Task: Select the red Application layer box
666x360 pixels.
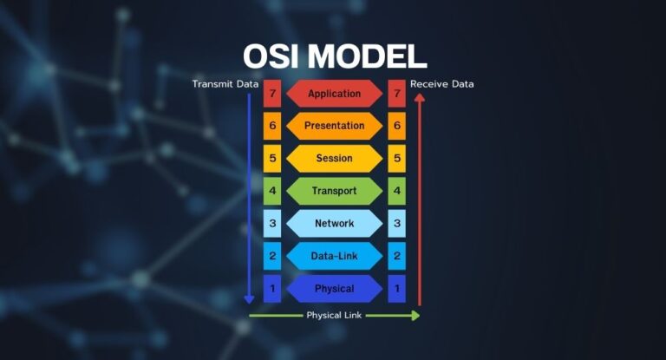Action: click(x=334, y=94)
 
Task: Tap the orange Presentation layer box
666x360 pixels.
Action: click(x=334, y=126)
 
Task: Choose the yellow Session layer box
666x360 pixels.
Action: click(x=334, y=159)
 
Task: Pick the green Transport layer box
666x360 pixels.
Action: click(x=334, y=191)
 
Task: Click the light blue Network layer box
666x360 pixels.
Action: click(x=334, y=223)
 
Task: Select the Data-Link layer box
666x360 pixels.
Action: click(x=334, y=256)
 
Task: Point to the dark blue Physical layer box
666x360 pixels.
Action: click(x=334, y=288)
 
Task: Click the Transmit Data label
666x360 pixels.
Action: click(x=225, y=84)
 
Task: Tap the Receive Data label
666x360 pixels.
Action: click(x=442, y=84)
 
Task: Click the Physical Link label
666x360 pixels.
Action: click(x=334, y=315)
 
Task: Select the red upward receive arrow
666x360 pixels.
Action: click(x=419, y=200)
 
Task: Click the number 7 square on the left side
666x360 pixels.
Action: click(x=272, y=94)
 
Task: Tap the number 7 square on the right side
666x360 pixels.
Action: click(x=397, y=94)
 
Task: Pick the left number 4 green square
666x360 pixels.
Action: click(x=272, y=191)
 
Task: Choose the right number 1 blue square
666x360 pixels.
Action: click(x=397, y=288)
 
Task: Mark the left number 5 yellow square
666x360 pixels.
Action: click(x=272, y=159)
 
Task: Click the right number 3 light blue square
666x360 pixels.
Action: click(x=397, y=223)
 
